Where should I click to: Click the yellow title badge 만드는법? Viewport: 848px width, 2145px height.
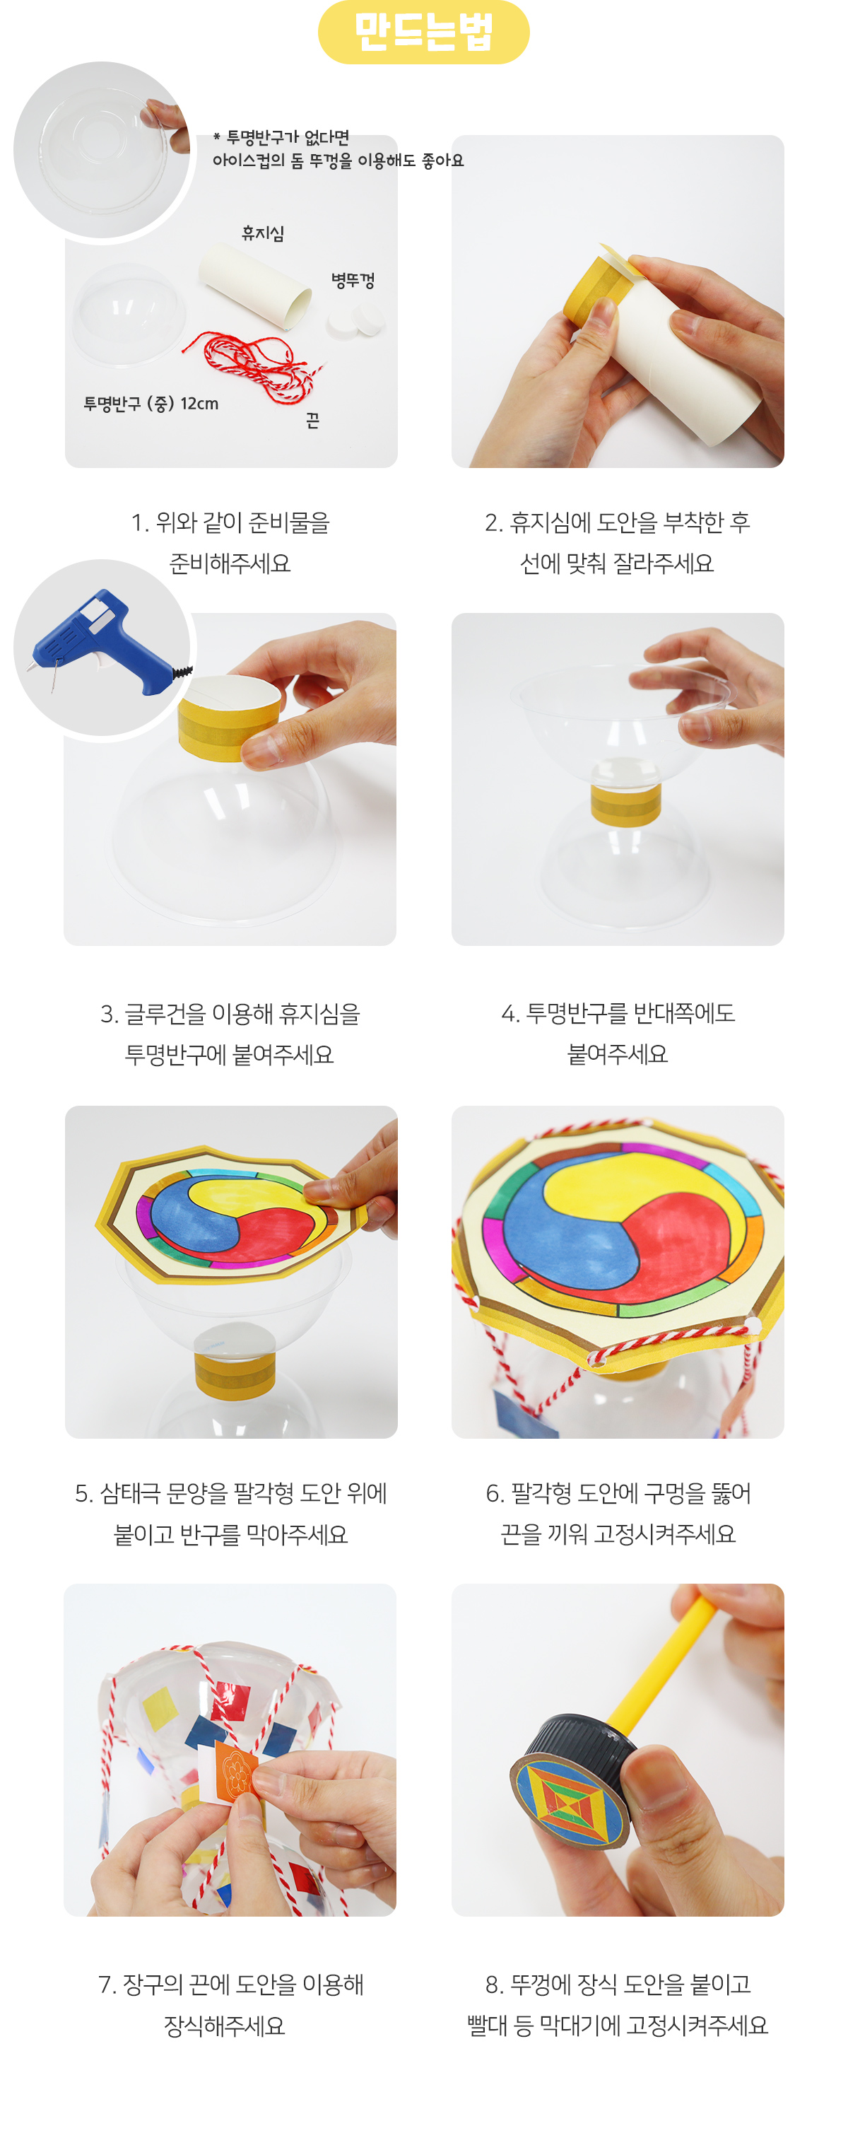[x=423, y=32]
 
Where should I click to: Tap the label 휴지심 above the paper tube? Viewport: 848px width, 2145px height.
[x=263, y=233]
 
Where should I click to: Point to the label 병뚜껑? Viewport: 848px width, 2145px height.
[x=353, y=281]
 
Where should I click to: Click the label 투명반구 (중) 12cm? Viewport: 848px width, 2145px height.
[x=151, y=404]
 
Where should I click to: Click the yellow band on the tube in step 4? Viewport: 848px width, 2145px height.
[x=626, y=804]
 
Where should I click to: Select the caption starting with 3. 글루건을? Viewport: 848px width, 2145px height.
[x=230, y=1034]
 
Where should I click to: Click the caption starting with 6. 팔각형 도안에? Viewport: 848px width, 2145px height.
[x=618, y=1513]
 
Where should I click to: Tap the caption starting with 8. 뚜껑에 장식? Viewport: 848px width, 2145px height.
[x=618, y=2004]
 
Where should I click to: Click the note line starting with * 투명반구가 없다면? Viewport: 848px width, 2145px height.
[x=281, y=137]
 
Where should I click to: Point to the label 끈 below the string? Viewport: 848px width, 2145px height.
[x=313, y=421]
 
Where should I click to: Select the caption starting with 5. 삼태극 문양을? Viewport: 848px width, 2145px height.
[x=230, y=1514]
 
